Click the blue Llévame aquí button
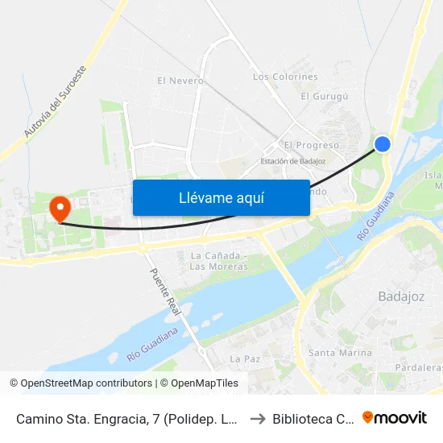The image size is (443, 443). point(221,197)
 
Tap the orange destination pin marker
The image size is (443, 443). point(60,208)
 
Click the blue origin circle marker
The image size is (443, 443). point(383,144)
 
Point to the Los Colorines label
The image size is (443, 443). point(285,77)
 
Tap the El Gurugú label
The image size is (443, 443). point(324,97)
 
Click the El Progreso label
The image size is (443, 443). point(311,145)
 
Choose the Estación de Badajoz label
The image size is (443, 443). point(292,161)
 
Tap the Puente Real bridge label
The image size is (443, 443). point(167,290)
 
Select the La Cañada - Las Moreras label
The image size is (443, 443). point(218,261)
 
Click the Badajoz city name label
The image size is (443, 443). point(401,296)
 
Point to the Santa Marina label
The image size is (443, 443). point(340,353)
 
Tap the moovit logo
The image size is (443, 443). point(395,418)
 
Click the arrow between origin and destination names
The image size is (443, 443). point(256,419)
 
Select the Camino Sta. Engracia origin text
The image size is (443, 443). point(126,419)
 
